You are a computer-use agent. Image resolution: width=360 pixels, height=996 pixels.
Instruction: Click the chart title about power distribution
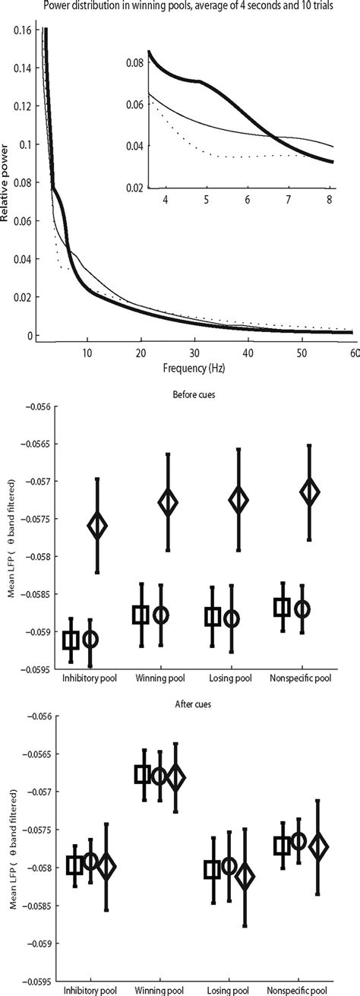[185, 8]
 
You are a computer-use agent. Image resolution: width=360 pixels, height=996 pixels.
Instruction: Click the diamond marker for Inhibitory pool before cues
[97, 526]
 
